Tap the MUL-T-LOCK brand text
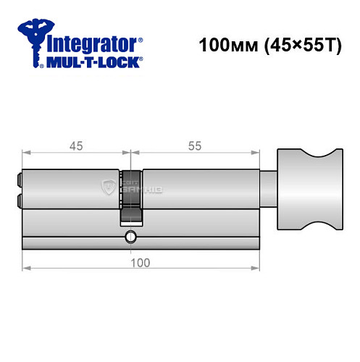pyautogui.click(x=94, y=62)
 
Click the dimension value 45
pyautogui.click(x=76, y=146)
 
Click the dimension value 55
pyautogui.click(x=194, y=146)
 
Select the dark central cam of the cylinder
pyautogui.click(x=130, y=195)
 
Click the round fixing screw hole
pyautogui.click(x=130, y=236)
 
